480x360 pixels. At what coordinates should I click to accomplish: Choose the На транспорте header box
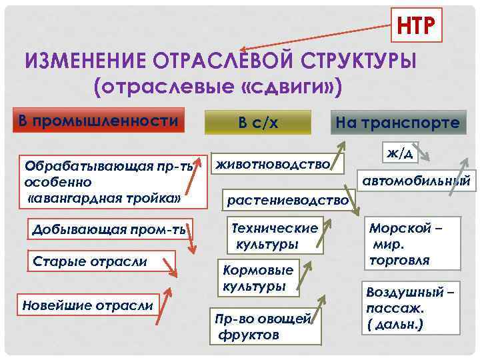point(397,123)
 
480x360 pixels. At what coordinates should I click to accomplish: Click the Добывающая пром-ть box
point(109,231)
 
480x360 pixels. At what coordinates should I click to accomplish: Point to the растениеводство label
point(288,199)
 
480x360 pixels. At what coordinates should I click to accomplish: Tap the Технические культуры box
point(273,235)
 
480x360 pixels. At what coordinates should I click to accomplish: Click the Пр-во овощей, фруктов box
point(261,327)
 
